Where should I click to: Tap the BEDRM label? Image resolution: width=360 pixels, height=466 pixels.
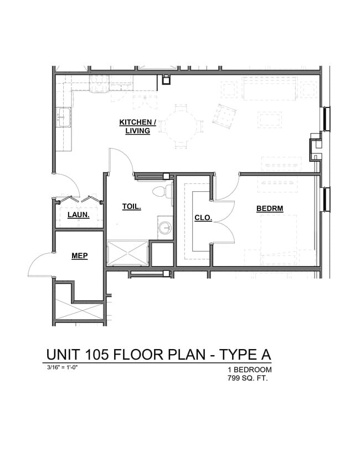click(x=269, y=209)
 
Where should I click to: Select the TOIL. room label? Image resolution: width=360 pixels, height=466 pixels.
click(x=132, y=207)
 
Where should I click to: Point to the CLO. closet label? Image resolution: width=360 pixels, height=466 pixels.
click(x=203, y=218)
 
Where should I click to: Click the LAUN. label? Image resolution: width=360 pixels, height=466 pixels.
click(x=79, y=214)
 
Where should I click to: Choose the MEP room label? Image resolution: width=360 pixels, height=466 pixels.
click(x=79, y=255)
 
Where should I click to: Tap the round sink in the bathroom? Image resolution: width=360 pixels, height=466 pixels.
click(x=164, y=228)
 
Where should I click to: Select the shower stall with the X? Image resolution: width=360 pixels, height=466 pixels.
click(x=127, y=253)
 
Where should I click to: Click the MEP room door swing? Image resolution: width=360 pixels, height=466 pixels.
click(x=42, y=263)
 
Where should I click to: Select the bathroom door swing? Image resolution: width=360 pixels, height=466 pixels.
click(x=121, y=161)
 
